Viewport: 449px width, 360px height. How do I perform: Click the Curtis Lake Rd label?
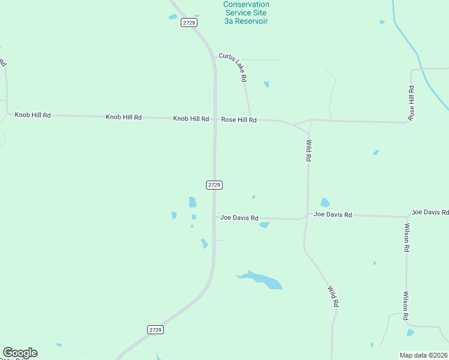(233, 67)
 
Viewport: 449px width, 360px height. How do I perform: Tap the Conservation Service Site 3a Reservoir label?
(246, 13)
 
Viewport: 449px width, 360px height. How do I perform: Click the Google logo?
(20, 353)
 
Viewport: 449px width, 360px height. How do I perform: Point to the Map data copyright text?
(423, 355)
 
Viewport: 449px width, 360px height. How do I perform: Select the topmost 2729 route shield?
(189, 22)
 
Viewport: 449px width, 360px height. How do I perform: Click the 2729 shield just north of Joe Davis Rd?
(214, 185)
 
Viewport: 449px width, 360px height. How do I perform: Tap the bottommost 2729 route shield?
(155, 329)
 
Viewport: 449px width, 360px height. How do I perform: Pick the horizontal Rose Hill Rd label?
(239, 120)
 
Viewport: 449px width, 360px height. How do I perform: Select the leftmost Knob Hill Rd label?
(33, 115)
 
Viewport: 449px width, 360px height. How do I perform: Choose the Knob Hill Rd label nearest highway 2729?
(191, 119)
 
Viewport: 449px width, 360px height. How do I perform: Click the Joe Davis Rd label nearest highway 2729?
(239, 218)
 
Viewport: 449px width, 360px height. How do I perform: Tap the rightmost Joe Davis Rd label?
(430, 212)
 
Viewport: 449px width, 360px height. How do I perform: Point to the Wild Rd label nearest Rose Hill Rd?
(309, 151)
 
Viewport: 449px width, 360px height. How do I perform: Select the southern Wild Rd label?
(333, 296)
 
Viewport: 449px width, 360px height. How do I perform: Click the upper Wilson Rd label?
(406, 237)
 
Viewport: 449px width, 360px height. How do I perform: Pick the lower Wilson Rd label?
(406, 305)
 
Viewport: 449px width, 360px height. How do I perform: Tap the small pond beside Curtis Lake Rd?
(266, 84)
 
